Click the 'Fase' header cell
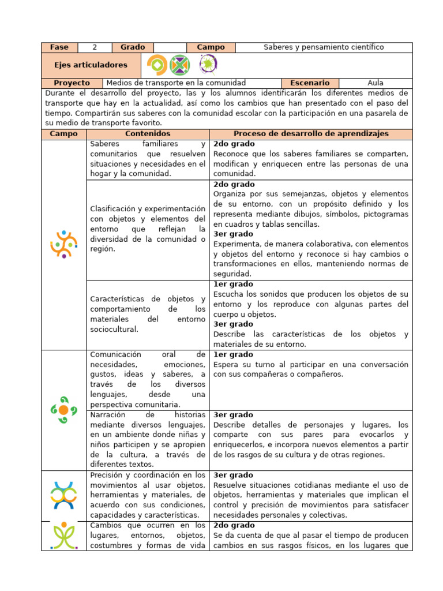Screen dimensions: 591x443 click(x=59, y=47)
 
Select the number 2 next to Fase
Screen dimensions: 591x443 click(x=94, y=47)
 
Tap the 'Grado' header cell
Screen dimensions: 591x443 click(x=133, y=47)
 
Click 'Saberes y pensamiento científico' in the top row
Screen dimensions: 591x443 click(x=324, y=47)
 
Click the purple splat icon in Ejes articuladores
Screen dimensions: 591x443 click(x=208, y=64)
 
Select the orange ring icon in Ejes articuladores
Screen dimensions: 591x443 click(x=156, y=65)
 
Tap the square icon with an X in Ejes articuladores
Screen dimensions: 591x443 click(x=180, y=65)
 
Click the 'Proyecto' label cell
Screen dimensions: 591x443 click(x=72, y=83)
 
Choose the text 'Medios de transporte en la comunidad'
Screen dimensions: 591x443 click(x=177, y=83)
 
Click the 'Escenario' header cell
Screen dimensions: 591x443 click(x=310, y=83)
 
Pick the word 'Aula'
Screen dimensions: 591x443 click(x=375, y=83)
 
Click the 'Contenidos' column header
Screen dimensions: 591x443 click(x=148, y=134)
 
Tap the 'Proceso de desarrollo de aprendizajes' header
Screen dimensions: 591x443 click(x=311, y=134)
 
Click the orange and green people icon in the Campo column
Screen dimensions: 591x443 click(x=63, y=244)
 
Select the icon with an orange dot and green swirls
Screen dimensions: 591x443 click(x=63, y=409)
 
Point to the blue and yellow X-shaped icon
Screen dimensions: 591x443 click(x=63, y=495)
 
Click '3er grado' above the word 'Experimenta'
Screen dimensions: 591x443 click(x=234, y=234)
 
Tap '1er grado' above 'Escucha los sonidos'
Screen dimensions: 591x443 click(x=234, y=285)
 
